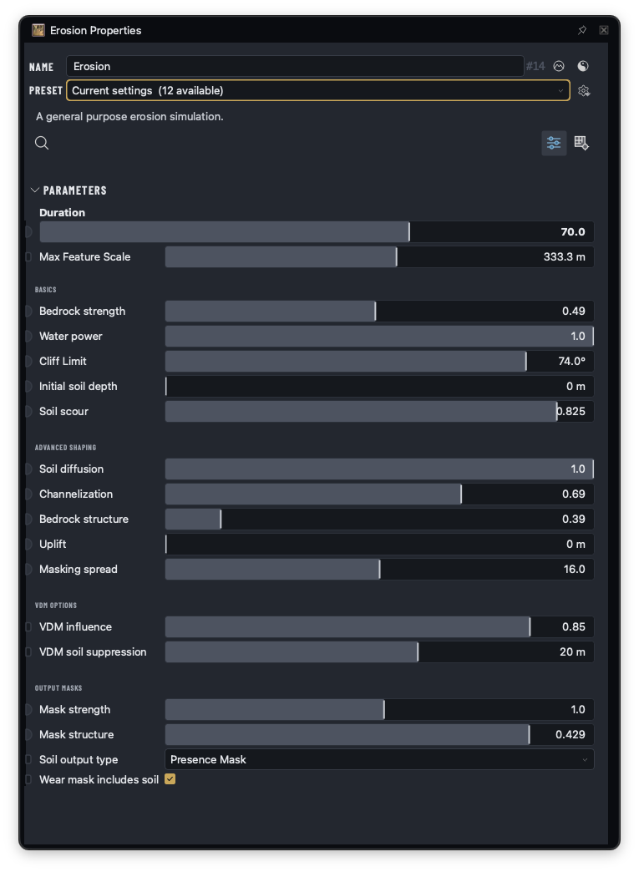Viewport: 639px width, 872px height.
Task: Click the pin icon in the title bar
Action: click(x=581, y=30)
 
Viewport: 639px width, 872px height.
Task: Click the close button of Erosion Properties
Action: click(x=603, y=30)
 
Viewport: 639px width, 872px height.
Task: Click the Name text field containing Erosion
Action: click(x=295, y=66)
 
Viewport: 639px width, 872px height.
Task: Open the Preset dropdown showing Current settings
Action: click(x=318, y=91)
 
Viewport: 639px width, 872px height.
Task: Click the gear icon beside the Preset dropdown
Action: click(x=583, y=91)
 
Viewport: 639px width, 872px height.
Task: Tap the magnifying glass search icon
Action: click(x=42, y=143)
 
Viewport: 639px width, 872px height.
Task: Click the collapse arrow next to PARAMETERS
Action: click(x=34, y=190)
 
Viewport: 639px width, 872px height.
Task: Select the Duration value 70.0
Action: click(x=573, y=232)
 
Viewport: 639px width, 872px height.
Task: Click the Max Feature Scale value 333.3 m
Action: click(x=564, y=257)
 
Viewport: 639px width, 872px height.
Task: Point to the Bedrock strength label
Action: click(x=83, y=312)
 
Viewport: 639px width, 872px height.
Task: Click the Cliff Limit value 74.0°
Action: click(x=571, y=362)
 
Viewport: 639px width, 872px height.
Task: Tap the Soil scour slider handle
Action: click(x=556, y=412)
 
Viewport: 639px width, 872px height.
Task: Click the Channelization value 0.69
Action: click(x=573, y=494)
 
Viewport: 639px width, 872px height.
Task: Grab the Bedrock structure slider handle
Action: click(x=221, y=520)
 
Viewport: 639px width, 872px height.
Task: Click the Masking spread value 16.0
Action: click(x=574, y=570)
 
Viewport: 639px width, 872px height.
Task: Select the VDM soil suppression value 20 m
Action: click(x=572, y=651)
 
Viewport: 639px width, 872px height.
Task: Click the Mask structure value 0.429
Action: click(x=570, y=735)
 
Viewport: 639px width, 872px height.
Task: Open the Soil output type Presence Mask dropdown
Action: click(x=379, y=760)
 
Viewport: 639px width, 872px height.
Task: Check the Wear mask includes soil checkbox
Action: click(x=170, y=779)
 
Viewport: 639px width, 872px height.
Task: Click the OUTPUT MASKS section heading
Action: click(x=58, y=688)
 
